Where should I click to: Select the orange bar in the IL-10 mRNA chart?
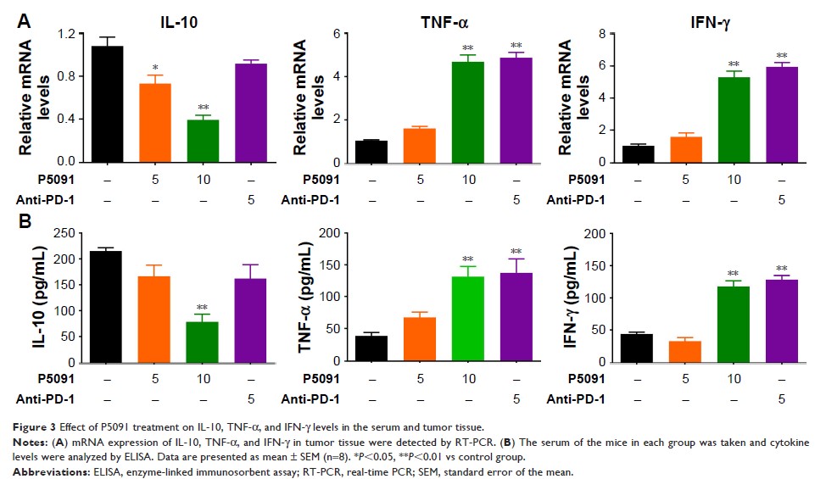tap(155, 123)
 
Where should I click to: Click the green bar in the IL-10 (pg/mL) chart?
tap(203, 342)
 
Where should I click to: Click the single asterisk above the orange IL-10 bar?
tap(155, 67)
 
